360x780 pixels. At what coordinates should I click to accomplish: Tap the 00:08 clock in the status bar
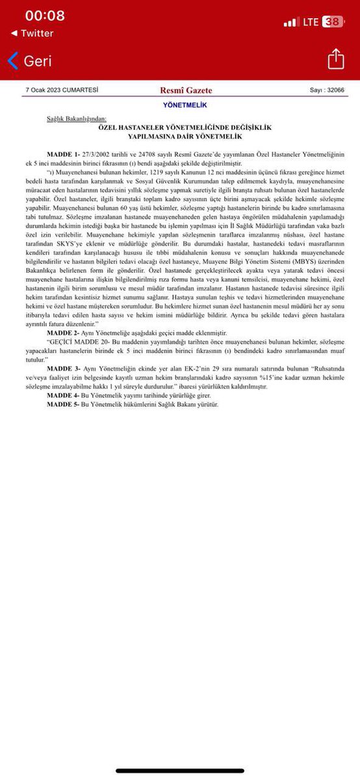45,16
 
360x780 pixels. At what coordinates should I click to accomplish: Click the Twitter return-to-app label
32,33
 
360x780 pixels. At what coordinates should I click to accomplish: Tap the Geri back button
29,61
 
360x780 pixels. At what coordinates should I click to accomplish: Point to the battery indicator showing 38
332,21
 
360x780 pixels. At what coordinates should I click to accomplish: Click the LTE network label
311,21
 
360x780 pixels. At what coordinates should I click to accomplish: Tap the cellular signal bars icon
290,21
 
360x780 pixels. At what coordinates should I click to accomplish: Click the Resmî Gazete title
186,90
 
